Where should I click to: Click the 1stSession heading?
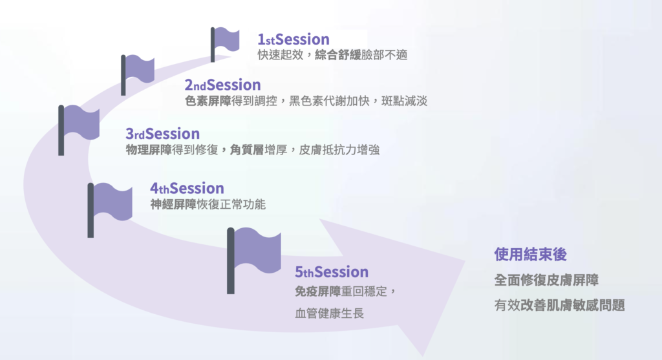click(294, 39)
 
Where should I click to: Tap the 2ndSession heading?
click(222, 85)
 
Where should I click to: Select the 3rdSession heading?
click(162, 134)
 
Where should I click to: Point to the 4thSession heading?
click(187, 188)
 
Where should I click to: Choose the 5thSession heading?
click(332, 272)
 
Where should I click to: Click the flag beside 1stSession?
click(224, 44)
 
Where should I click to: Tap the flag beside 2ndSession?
click(137, 74)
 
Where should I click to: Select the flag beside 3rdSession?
click(78, 129)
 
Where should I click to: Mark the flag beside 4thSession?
click(109, 210)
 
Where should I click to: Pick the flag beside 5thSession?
click(253, 260)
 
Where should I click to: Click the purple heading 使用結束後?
click(530, 255)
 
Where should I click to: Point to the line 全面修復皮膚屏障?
click(546, 281)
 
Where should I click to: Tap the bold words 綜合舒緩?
click(337, 55)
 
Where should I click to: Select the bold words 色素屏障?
click(208, 101)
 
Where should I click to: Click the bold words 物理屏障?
click(149, 150)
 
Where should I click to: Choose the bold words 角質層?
click(247, 150)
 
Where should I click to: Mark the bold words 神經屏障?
click(173, 205)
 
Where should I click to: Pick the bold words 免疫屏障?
click(317, 291)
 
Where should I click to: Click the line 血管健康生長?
click(329, 313)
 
